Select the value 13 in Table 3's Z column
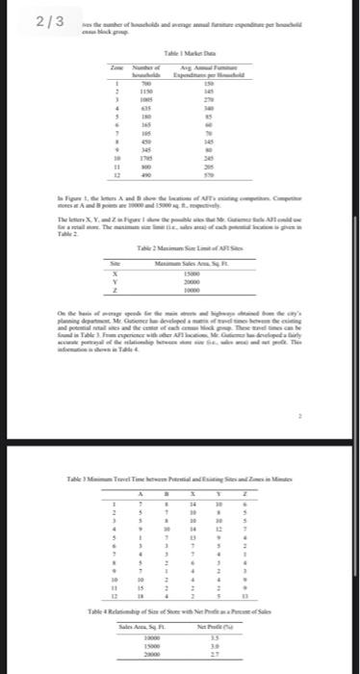click(245, 571)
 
